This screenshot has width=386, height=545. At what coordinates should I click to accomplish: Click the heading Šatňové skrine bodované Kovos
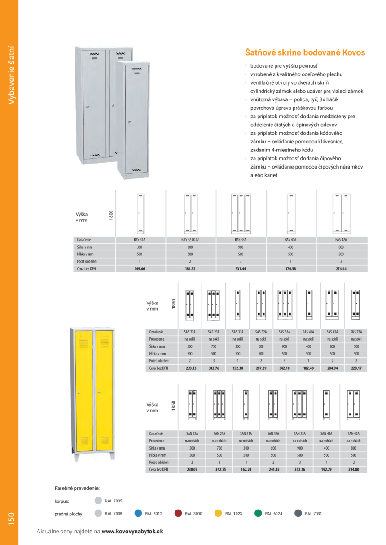(305, 52)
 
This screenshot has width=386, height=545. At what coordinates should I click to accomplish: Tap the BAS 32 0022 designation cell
(191, 240)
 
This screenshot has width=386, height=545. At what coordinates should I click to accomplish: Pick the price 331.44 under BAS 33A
(241, 269)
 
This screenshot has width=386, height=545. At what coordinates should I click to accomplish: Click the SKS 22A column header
(355, 332)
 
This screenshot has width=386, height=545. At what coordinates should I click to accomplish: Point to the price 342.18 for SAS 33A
(285, 368)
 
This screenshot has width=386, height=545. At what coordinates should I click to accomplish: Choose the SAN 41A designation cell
(326, 433)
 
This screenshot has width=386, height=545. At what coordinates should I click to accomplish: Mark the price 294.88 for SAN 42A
(354, 470)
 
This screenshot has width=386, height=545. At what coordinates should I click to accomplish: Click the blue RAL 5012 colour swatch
(138, 514)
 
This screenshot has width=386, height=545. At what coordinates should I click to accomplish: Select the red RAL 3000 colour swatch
(178, 514)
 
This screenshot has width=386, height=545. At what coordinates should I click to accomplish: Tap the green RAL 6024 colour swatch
(258, 514)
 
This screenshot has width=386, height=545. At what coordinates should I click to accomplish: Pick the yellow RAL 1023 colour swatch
(218, 514)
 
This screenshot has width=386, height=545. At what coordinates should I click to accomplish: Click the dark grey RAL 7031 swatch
(298, 514)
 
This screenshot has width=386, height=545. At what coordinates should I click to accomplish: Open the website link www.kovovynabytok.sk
(132, 531)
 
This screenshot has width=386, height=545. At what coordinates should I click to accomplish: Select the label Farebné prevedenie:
(77, 488)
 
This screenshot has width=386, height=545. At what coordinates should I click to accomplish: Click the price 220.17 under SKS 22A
(355, 368)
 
